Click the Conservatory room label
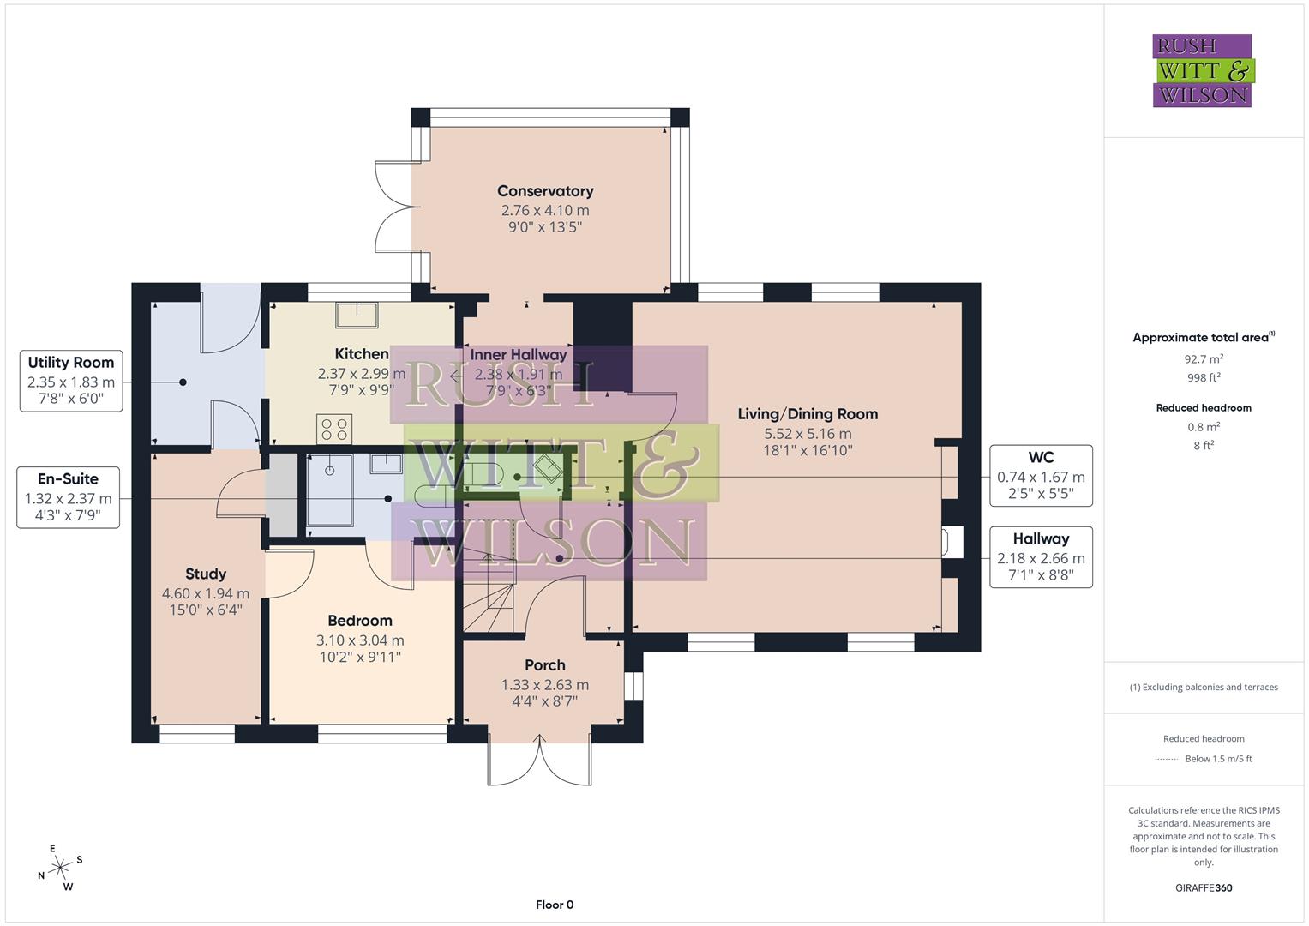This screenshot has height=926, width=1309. coord(545,191)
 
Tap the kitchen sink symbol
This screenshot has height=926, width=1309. coord(357,315)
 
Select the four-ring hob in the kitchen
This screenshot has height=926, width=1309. coord(334,429)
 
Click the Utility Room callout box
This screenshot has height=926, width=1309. coord(71,381)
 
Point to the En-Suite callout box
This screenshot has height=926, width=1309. coord(69,497)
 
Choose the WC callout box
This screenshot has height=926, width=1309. coord(1041,476)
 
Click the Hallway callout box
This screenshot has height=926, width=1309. coord(1041,557)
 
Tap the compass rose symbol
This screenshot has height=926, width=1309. coord(60,869)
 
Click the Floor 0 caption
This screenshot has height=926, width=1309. coord(555,905)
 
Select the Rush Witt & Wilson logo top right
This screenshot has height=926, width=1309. coord(1202,71)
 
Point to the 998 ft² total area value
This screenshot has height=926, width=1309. coord(1204,377)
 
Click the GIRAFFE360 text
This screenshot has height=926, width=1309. coord(1204,887)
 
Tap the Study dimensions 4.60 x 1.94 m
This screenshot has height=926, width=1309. coord(206,593)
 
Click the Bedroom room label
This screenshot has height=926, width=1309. coord(360,621)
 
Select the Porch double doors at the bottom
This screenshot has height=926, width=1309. coord(540,760)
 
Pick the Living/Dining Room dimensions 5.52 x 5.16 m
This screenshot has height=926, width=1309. coord(808,434)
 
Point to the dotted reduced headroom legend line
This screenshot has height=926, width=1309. coord(1167,759)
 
